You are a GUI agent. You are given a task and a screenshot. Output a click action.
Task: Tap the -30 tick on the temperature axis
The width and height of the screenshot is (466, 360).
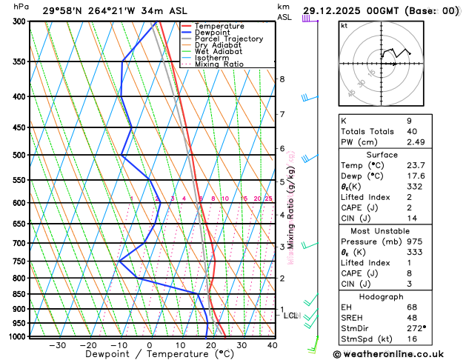[57, 345]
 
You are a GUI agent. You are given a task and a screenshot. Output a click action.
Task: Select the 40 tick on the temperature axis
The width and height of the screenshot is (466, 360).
[272, 345]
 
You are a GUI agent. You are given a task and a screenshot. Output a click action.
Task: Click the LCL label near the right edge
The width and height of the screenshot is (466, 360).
[290, 316]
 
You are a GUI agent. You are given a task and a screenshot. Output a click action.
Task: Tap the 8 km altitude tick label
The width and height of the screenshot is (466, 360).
[282, 79]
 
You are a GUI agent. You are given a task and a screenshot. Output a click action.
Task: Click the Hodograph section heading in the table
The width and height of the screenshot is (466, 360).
[382, 296]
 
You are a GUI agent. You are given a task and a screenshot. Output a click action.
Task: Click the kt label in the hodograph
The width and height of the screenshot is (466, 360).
[344, 25]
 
